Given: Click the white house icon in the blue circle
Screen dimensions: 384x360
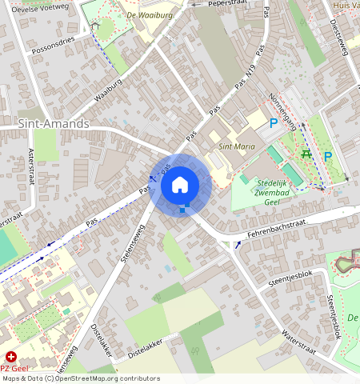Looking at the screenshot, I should [180, 185].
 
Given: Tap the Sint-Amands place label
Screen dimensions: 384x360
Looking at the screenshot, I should [54, 125].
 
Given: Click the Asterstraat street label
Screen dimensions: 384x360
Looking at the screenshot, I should [32, 166].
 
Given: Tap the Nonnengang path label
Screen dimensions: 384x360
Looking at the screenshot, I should [282, 112].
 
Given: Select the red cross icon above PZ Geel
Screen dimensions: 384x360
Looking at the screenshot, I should [10, 355].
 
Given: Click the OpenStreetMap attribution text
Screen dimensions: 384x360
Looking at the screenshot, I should [80, 378].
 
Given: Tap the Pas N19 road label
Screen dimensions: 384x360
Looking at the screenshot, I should [249, 78].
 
